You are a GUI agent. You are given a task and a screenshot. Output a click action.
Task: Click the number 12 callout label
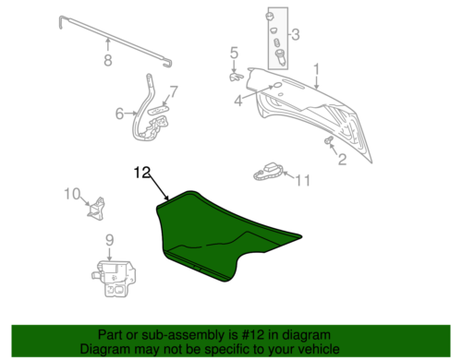(x=140, y=172)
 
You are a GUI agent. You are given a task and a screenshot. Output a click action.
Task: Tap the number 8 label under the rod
(x=107, y=63)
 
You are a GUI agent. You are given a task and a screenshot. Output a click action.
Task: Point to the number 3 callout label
(x=237, y=100)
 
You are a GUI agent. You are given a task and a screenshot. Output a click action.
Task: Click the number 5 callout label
(x=234, y=53)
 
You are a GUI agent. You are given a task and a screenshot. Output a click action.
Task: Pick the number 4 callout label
(x=119, y=114)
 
